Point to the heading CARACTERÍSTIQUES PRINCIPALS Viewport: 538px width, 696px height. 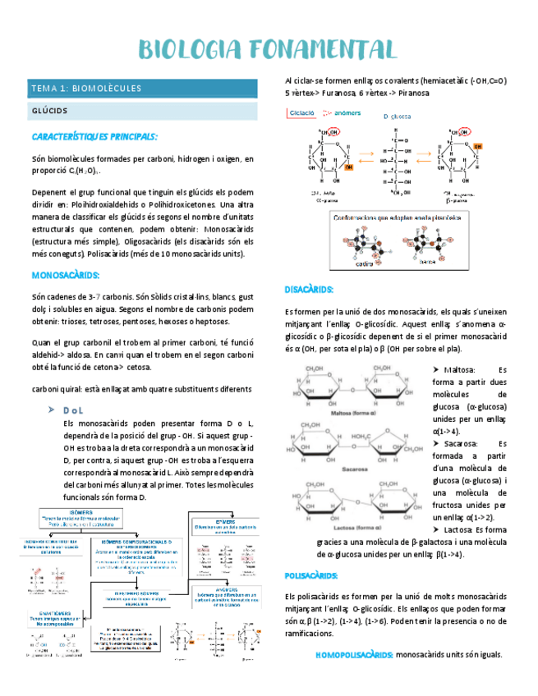(x=94, y=136)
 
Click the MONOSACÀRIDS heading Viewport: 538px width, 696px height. (x=65, y=275)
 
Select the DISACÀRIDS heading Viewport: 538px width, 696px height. (x=309, y=290)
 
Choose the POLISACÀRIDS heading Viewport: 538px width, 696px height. (x=312, y=576)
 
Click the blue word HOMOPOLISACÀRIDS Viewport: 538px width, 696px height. (x=354, y=655)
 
